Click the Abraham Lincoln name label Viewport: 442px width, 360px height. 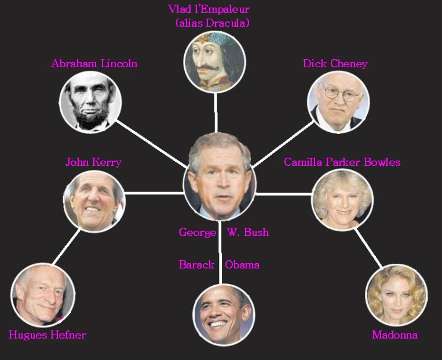pos(94,64)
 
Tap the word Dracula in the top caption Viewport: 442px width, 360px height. pos(227,23)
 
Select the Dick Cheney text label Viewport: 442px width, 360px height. pos(335,64)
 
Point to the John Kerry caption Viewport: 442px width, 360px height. pos(93,162)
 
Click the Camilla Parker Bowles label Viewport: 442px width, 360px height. pos(342,162)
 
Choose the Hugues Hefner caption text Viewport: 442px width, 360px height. pos(48,335)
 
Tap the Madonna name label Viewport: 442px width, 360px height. pos(394,335)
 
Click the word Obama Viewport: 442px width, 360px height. pos(242,265)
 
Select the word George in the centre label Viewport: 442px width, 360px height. pos(198,232)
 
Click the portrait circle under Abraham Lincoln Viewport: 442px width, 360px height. pos(90,102)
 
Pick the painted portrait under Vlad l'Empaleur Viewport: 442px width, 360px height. pos(214,61)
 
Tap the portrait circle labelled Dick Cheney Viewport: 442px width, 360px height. pos(338,102)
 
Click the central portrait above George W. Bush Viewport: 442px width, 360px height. pos(220,177)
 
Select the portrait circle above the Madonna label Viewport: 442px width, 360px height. pos(396,295)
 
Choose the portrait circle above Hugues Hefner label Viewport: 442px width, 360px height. pos(43,295)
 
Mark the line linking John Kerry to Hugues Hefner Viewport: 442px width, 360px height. pos(66,247)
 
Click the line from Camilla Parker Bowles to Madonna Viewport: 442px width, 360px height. pos(368,248)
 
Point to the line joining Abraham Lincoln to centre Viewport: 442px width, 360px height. pos(152,144)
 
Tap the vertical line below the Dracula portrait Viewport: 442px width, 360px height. pos(216,112)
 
